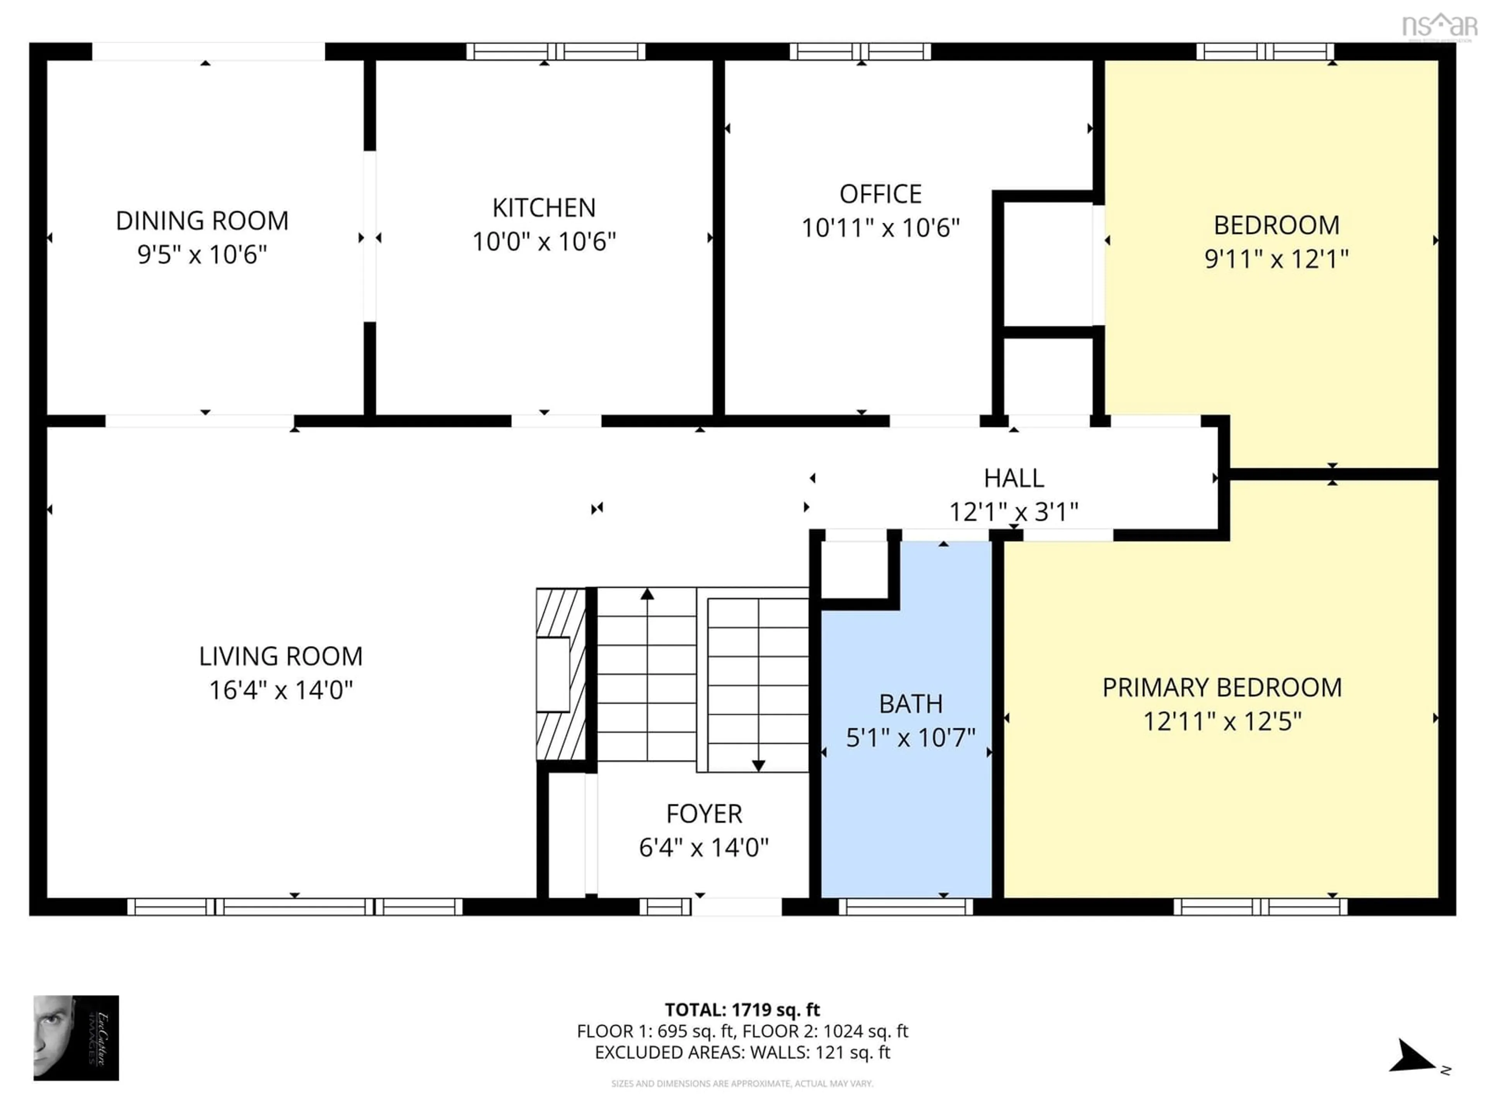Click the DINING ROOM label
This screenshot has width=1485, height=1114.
click(202, 221)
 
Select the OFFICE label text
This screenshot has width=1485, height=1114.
click(880, 195)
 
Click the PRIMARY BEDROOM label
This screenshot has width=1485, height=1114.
click(1222, 688)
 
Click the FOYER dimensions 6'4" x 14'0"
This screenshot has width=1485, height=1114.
click(703, 847)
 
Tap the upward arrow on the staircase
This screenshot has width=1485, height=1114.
click(647, 594)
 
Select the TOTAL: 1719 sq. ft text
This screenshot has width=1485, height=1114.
click(742, 1010)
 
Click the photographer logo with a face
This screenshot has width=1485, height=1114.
click(76, 1037)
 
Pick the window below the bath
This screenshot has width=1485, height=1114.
click(906, 907)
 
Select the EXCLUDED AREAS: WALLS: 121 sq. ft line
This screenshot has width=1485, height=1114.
click(742, 1052)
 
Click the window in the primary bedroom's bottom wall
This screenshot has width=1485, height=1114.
click(1260, 907)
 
